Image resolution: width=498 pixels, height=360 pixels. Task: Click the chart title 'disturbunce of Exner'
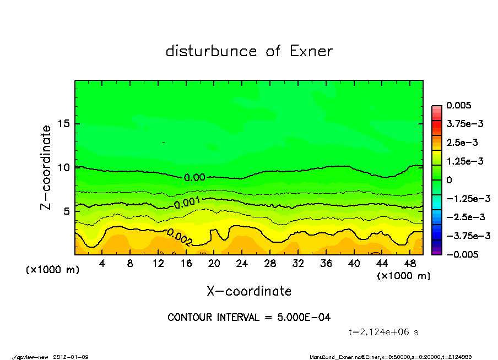pyautogui.click(x=249, y=51)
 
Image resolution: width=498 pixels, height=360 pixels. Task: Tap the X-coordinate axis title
pyautogui.click(x=249, y=291)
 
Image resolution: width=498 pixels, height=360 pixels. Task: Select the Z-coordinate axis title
pyautogui.click(x=46, y=167)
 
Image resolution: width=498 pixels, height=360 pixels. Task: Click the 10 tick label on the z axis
pyautogui.click(x=63, y=167)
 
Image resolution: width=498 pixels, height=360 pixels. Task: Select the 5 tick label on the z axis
pyautogui.click(x=66, y=211)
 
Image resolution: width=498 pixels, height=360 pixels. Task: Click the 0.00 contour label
pyautogui.click(x=194, y=177)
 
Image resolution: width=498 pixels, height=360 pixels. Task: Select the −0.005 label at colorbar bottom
pyautogui.click(x=462, y=254)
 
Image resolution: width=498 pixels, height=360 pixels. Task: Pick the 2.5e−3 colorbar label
pyautogui.click(x=462, y=143)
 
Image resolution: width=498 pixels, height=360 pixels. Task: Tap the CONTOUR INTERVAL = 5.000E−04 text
pyautogui.click(x=249, y=318)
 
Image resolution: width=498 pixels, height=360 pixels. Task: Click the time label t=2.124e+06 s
pyautogui.click(x=384, y=332)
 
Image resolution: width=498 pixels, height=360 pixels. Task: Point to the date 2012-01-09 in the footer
pyautogui.click(x=71, y=357)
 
